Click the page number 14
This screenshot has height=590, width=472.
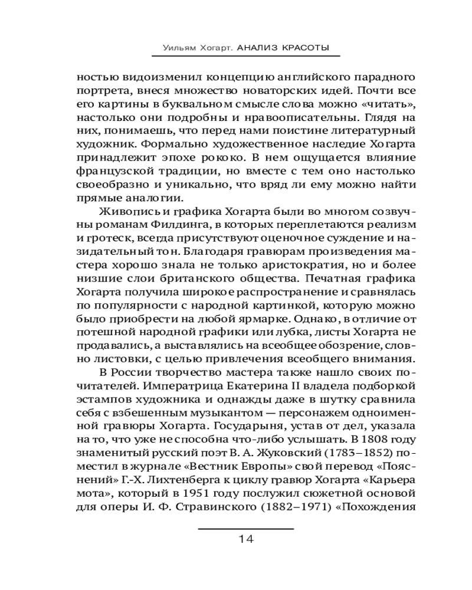pyautogui.click(x=246, y=539)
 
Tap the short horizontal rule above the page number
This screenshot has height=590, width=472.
pyautogui.click(x=245, y=527)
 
